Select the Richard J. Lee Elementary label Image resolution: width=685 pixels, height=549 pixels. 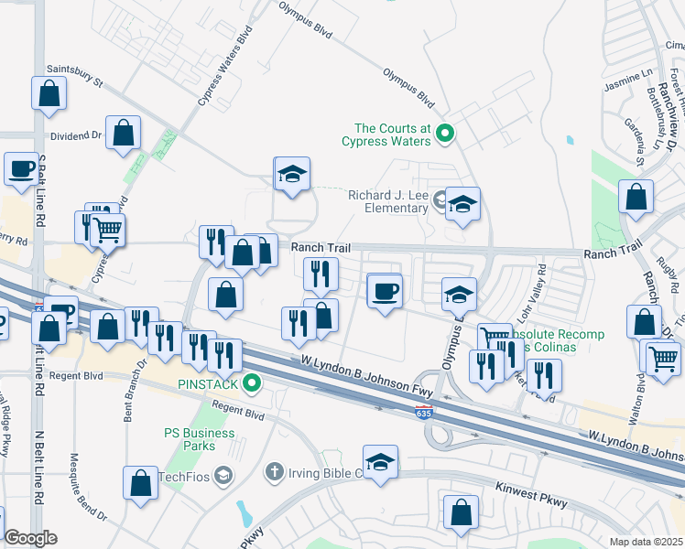(x=388, y=200)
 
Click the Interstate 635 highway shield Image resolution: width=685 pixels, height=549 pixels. (x=417, y=413)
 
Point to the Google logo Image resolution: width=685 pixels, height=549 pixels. (x=30, y=538)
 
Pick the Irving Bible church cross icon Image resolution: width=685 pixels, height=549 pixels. (x=273, y=472)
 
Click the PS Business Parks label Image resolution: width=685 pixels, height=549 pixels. (x=190, y=439)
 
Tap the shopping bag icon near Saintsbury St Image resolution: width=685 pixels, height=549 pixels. (x=49, y=91)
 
